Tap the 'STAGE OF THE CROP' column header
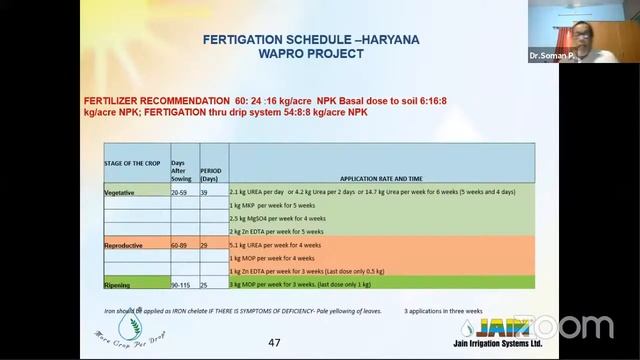click(x=134, y=162)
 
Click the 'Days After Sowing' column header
click(x=183, y=166)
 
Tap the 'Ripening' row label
click(x=119, y=284)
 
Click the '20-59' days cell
click(x=180, y=190)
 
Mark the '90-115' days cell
click(x=182, y=284)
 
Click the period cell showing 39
click(x=206, y=190)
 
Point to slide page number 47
click(x=274, y=343)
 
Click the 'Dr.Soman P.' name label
click(x=549, y=58)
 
